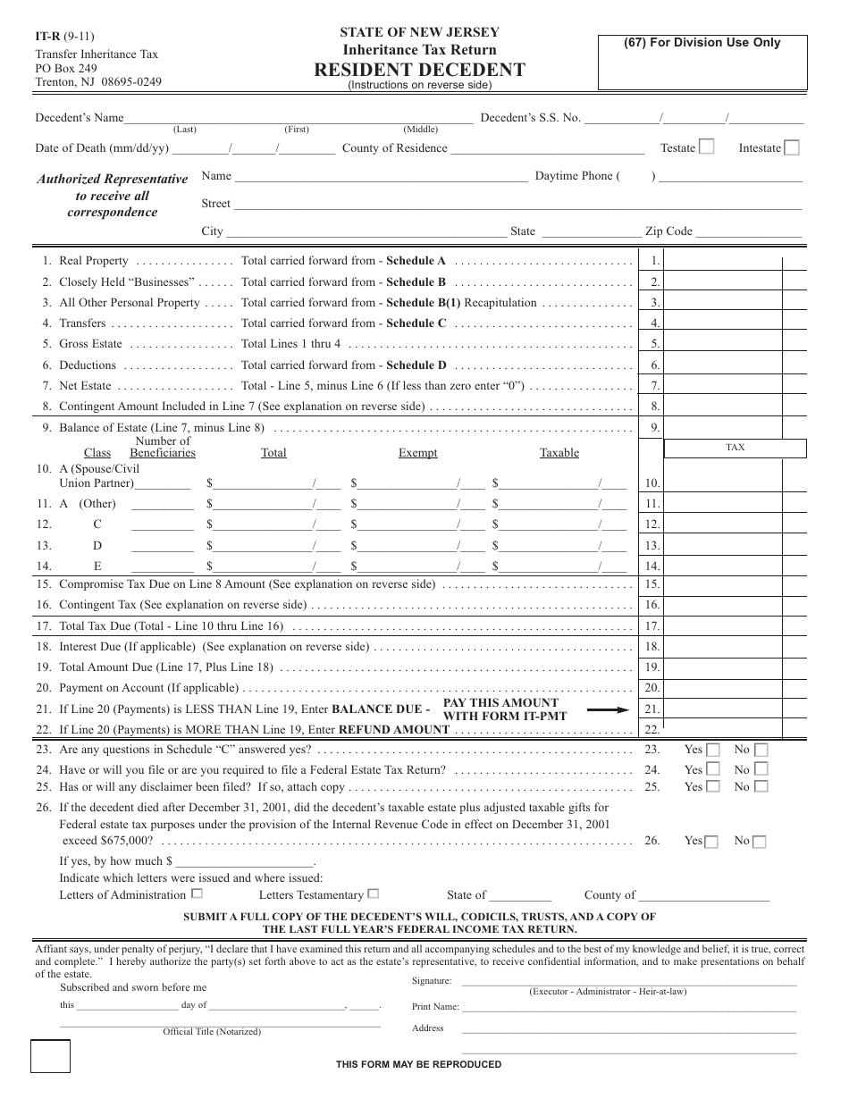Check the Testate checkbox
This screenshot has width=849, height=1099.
point(706,147)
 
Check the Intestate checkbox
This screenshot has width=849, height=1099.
point(791,147)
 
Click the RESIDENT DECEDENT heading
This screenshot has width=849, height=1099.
point(419,70)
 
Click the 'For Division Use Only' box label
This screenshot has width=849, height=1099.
point(702,43)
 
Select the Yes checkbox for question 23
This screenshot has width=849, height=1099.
point(713,751)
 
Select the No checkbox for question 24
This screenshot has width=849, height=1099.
point(761,768)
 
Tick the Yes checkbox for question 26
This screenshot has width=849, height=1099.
point(711,842)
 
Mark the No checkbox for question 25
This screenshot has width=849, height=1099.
point(761,787)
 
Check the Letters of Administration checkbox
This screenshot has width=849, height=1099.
point(198,893)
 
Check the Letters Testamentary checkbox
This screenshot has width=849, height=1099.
point(374,893)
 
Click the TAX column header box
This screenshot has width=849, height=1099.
point(736,448)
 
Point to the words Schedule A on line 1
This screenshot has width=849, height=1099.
point(416,261)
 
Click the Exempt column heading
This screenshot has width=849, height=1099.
point(417,453)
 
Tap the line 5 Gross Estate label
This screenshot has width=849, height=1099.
point(90,344)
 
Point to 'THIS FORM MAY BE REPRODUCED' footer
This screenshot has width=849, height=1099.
point(418,1064)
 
